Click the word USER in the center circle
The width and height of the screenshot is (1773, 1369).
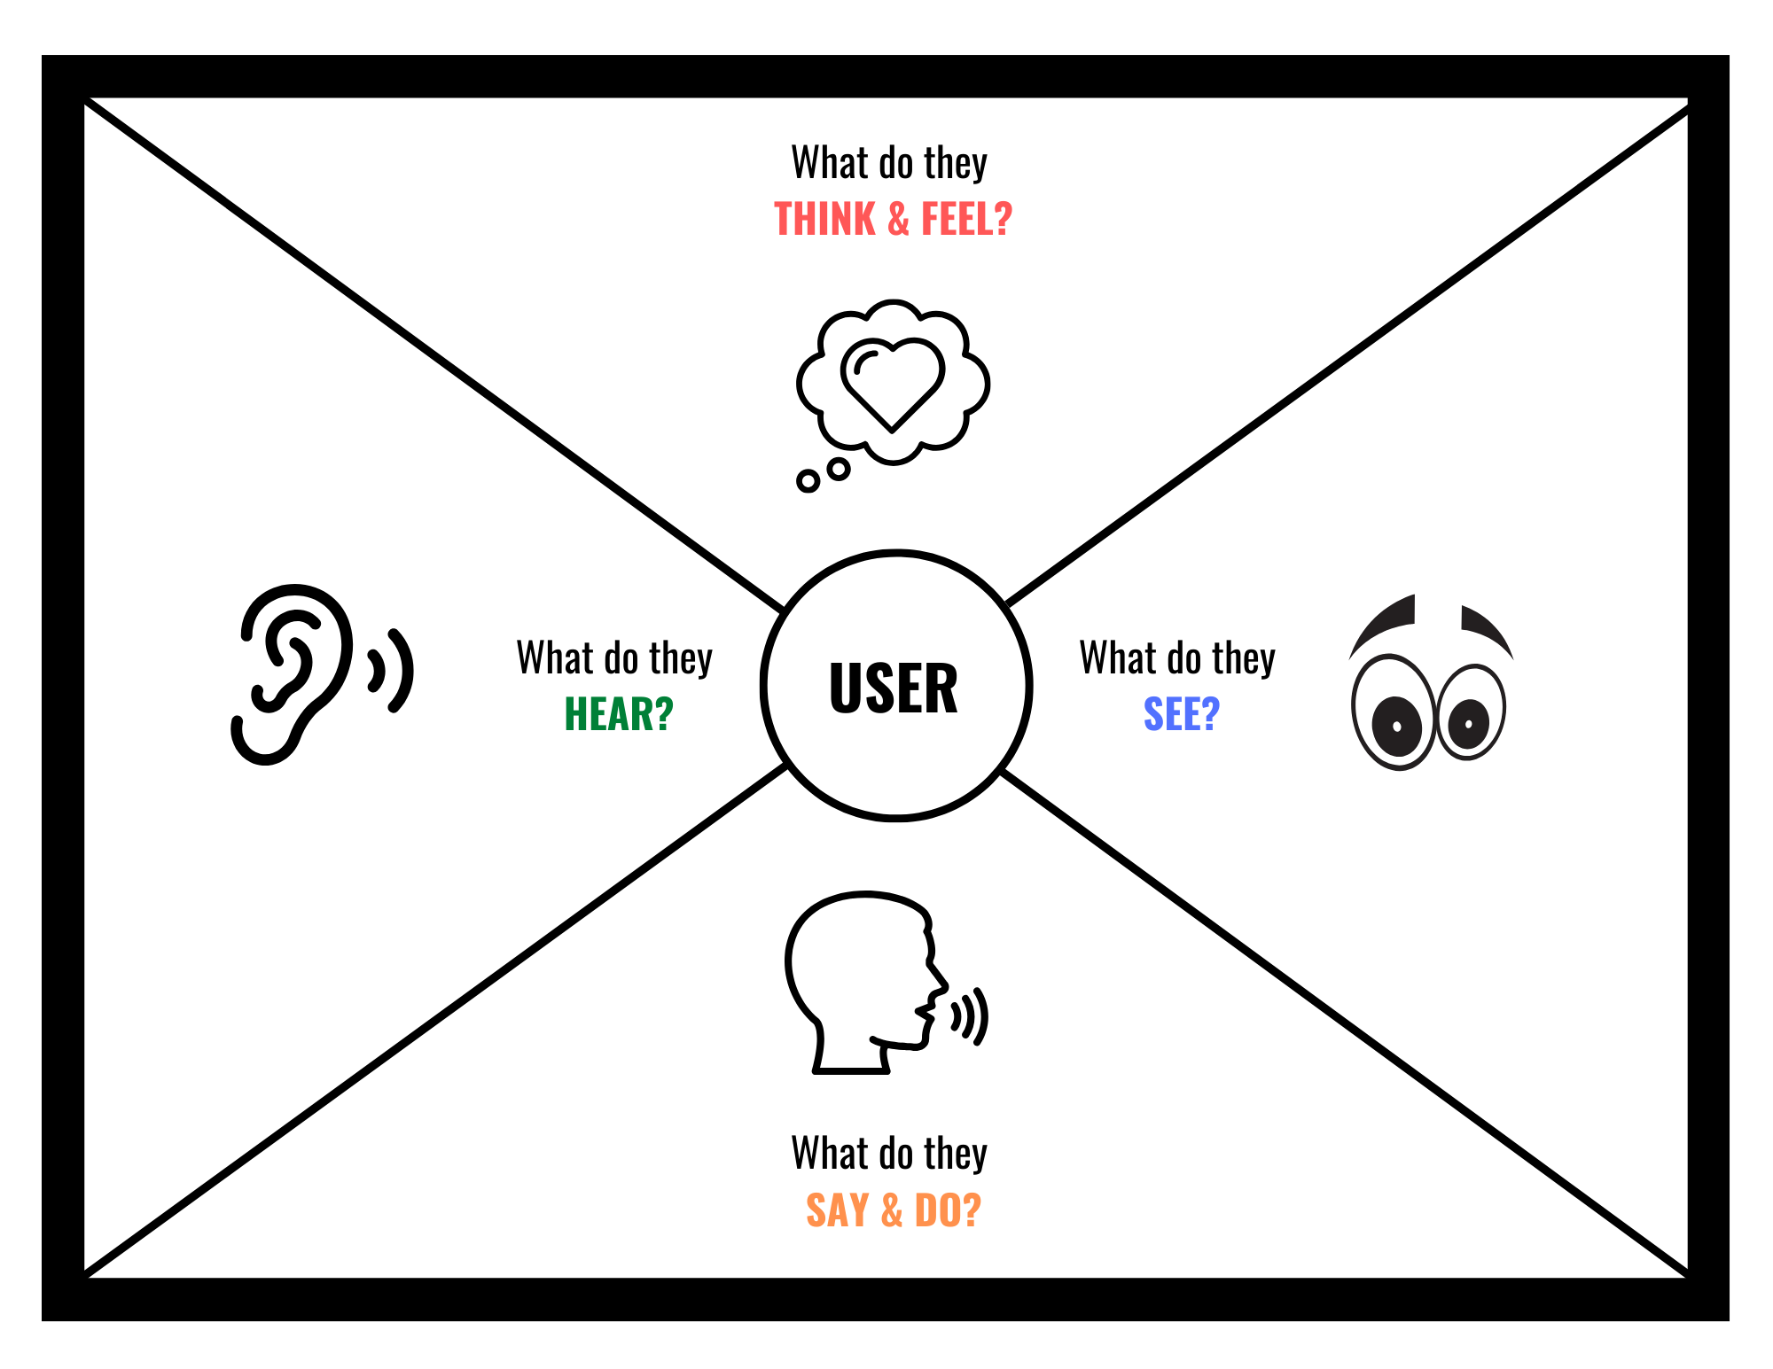click(x=894, y=688)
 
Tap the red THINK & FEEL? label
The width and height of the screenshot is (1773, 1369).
click(x=893, y=219)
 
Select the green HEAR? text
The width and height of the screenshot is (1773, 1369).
click(x=619, y=714)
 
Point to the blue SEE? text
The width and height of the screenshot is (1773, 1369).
click(x=1182, y=714)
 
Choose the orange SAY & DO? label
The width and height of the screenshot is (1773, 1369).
click(x=894, y=1210)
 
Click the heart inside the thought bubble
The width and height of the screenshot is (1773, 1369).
click(x=893, y=385)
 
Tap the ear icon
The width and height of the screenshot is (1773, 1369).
click(x=291, y=673)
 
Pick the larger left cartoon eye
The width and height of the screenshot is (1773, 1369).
click(x=1393, y=712)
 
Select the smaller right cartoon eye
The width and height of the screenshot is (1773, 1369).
click(x=1472, y=712)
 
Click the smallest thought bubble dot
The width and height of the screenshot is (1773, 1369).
click(x=808, y=481)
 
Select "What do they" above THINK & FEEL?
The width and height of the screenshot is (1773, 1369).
click(x=889, y=163)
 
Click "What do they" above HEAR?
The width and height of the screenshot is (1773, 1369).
click(x=614, y=658)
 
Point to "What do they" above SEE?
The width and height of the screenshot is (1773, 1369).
click(x=1177, y=658)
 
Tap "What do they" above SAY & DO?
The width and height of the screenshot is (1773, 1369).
click(x=889, y=1154)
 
